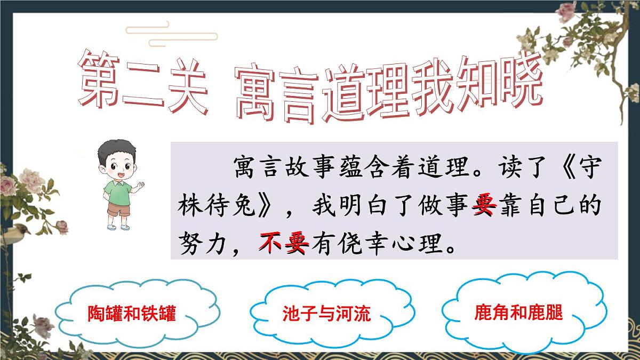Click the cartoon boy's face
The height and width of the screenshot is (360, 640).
pyautogui.click(x=117, y=165)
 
